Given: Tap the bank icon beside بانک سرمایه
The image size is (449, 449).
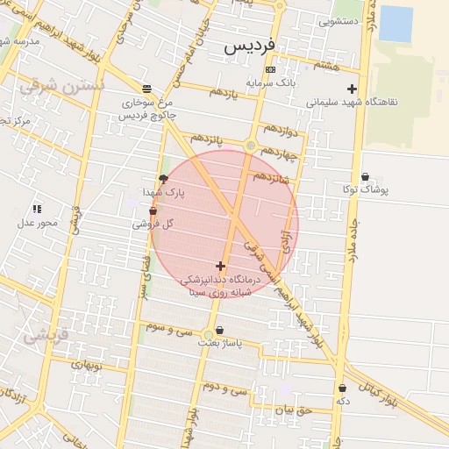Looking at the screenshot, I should tap(270, 69).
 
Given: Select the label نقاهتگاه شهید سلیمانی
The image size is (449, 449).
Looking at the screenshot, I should tap(352, 102).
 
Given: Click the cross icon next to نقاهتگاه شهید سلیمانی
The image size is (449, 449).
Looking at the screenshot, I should tap(352, 89).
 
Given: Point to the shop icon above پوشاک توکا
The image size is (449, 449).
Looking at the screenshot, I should tap(365, 177).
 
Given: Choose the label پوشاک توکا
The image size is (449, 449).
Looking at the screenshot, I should tap(367, 189).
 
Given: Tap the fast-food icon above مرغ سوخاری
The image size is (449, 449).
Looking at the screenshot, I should tap(146, 89).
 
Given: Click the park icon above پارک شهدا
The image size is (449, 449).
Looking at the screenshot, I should tap(163, 179).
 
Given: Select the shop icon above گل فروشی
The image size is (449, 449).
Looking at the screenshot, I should tap(153, 211).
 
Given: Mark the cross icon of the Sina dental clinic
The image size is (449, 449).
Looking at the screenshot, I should tap(220, 266).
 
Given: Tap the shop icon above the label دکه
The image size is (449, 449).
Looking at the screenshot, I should tap(342, 388).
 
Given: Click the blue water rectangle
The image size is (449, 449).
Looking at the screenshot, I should tap(396, 24).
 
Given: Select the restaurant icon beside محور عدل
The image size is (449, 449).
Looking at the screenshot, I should tap(36, 209).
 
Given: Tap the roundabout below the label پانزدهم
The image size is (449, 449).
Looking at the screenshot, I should tap(251, 145).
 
